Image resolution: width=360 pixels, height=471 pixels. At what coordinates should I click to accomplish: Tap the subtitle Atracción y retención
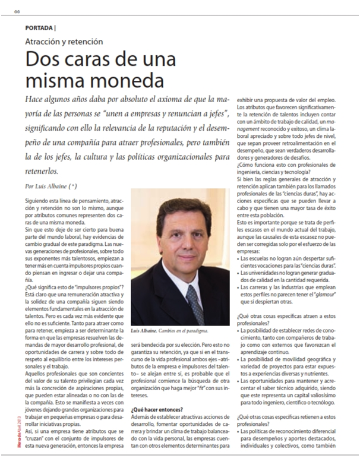pos(64,42)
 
